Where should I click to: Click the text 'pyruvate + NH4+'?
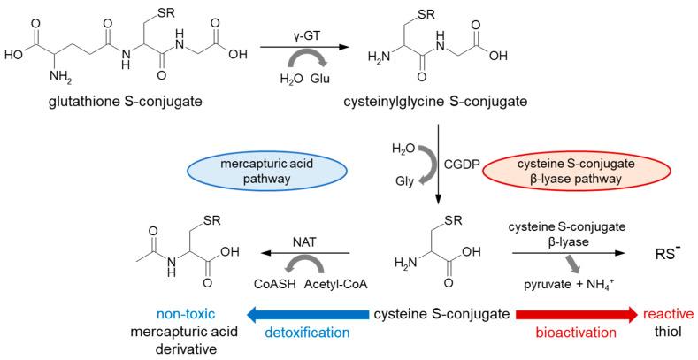click(571, 285)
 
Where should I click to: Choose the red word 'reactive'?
click(668, 314)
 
